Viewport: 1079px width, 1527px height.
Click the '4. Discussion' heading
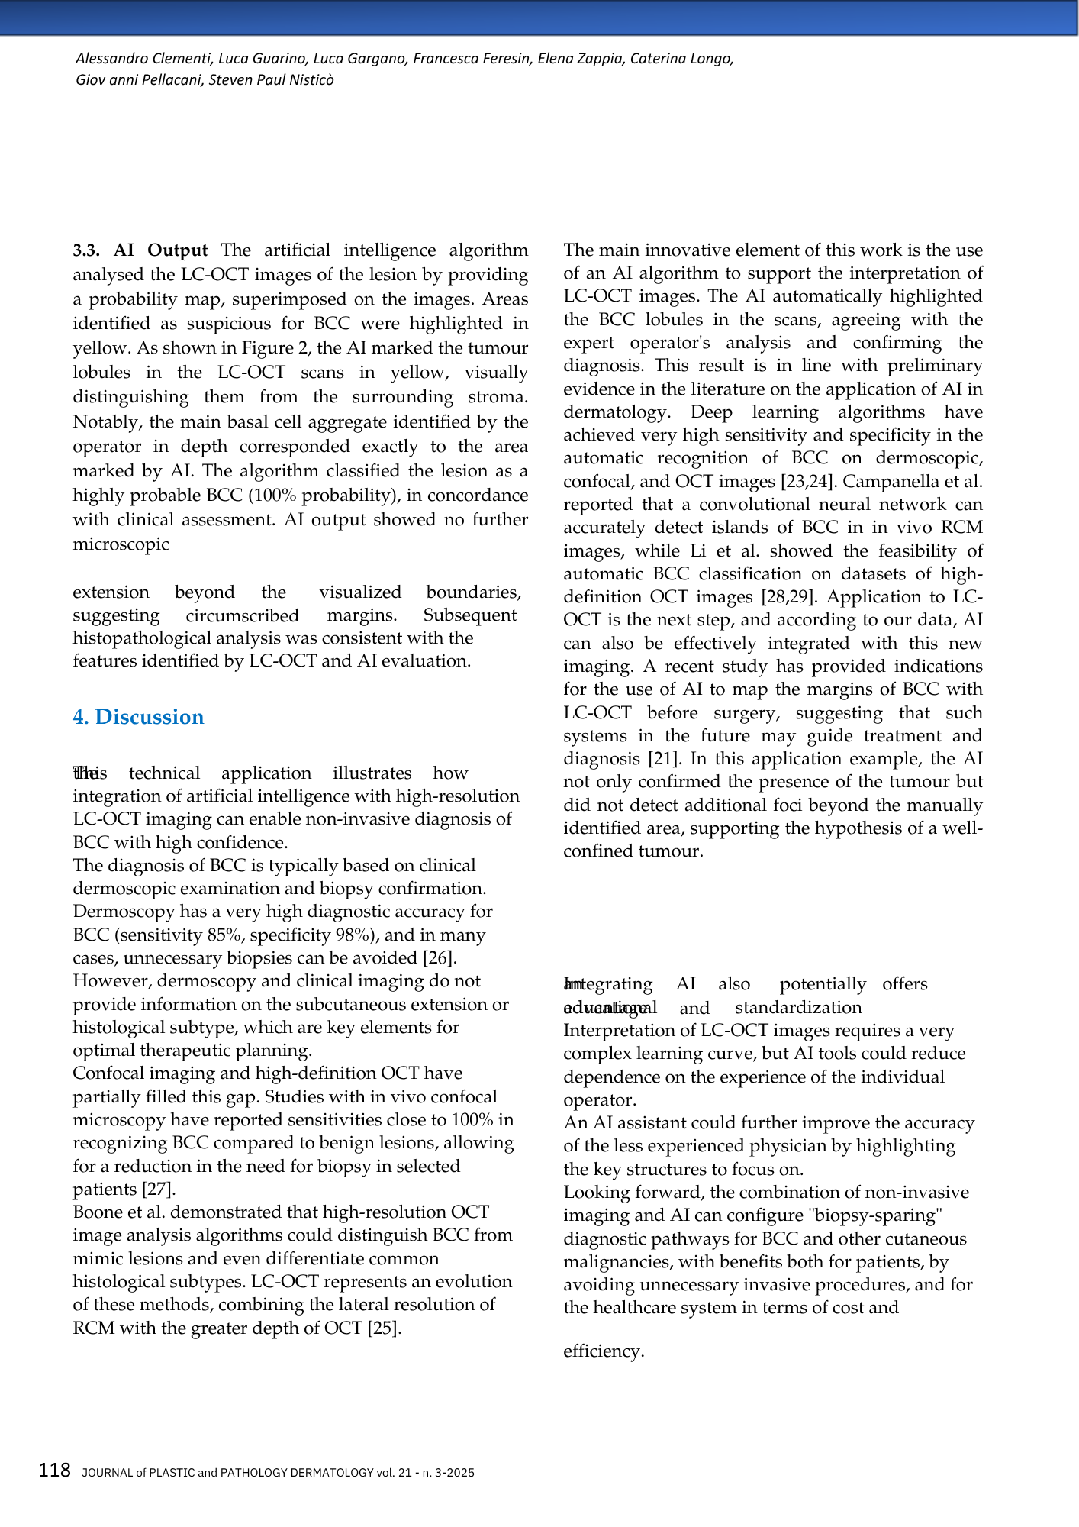click(138, 717)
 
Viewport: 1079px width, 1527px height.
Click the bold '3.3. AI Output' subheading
click(140, 250)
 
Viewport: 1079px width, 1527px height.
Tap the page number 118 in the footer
click(55, 1471)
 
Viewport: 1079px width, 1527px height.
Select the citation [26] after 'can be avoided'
click(439, 957)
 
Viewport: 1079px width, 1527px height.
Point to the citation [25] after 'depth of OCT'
click(384, 1328)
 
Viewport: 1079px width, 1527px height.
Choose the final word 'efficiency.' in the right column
click(604, 1351)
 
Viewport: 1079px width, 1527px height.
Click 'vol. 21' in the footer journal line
click(394, 1473)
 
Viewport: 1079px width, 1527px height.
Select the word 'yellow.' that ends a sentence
click(104, 348)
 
